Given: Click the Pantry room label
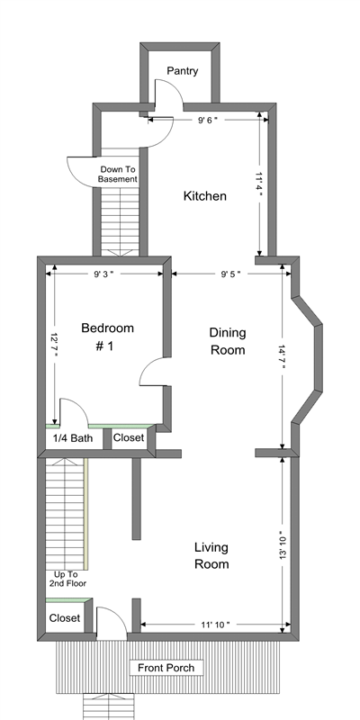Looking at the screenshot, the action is [183, 71].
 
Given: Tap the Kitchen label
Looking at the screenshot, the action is [205, 196].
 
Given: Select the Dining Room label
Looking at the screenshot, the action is [228, 341].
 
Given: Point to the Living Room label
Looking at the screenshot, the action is [211, 555].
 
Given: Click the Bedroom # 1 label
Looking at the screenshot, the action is [107, 337].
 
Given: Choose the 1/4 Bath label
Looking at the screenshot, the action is [73, 438].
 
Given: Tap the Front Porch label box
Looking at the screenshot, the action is [166, 668].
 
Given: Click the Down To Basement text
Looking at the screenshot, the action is [118, 175].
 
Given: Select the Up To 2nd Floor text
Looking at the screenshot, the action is [67, 579].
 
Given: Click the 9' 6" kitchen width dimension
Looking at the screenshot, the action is [208, 121].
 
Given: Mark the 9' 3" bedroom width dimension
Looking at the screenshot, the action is [103, 274].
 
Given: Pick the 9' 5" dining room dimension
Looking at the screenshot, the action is [231, 274].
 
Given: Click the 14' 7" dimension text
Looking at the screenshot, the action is [282, 356].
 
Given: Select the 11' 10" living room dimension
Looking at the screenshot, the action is [215, 625].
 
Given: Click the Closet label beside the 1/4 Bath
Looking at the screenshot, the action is [129, 437].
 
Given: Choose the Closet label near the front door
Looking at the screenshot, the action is [65, 618].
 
